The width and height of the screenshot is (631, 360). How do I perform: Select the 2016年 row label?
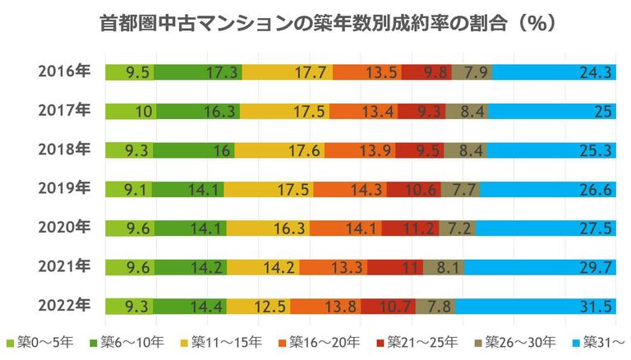[x=64, y=72]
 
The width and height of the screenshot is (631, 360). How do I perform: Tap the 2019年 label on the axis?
[x=64, y=189]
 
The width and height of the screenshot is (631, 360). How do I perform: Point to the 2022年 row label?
[x=64, y=306]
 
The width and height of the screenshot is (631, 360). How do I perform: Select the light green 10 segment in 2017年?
[x=131, y=111]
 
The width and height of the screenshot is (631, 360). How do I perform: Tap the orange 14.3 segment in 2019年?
[x=349, y=189]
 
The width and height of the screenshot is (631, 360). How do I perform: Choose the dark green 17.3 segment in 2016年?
[x=197, y=72]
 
